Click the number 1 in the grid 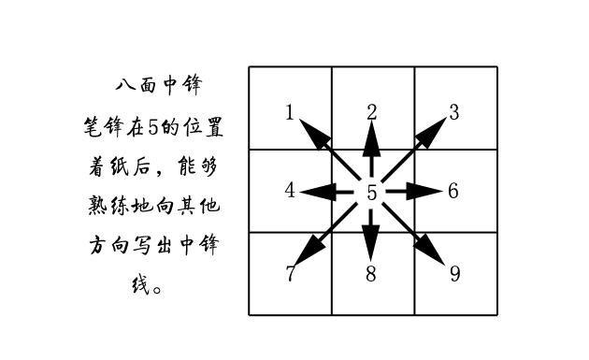tap(290, 113)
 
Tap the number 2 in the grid tap(372, 112)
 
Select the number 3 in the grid tap(453, 113)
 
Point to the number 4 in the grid tap(290, 191)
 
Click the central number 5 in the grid tap(372, 193)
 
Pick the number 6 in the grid tap(453, 191)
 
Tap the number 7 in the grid tap(290, 273)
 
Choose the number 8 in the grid tap(372, 273)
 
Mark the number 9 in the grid tap(454, 273)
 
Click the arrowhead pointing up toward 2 tap(372, 137)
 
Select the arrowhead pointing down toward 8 tap(372, 244)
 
